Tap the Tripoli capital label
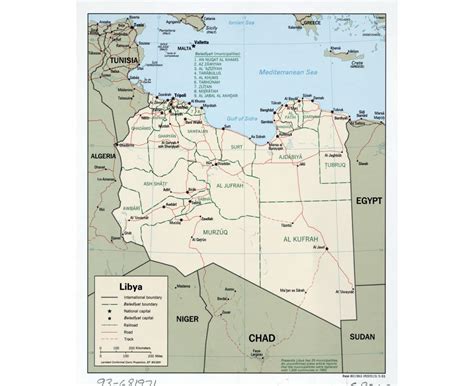180,96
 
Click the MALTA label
184,47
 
